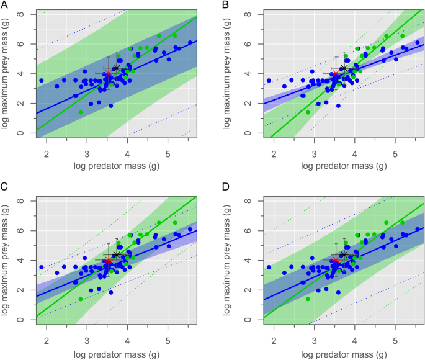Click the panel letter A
(5, 6)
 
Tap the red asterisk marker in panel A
(108, 74)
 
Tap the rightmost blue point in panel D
(417, 228)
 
